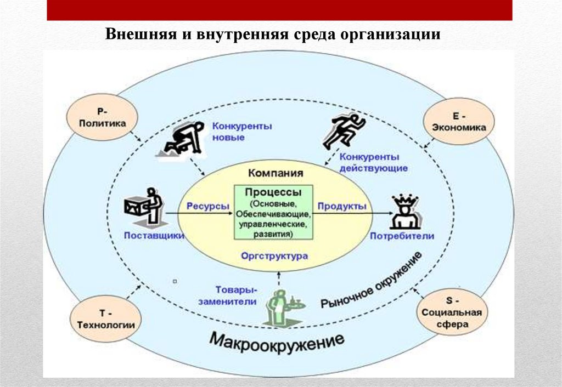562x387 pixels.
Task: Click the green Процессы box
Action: tap(273, 212)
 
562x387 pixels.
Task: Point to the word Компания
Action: tap(276, 173)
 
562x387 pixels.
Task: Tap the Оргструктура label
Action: tap(274, 255)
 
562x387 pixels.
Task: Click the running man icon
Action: tap(344, 131)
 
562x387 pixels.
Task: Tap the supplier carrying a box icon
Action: tap(144, 206)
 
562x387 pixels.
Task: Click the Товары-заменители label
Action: tap(235, 295)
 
